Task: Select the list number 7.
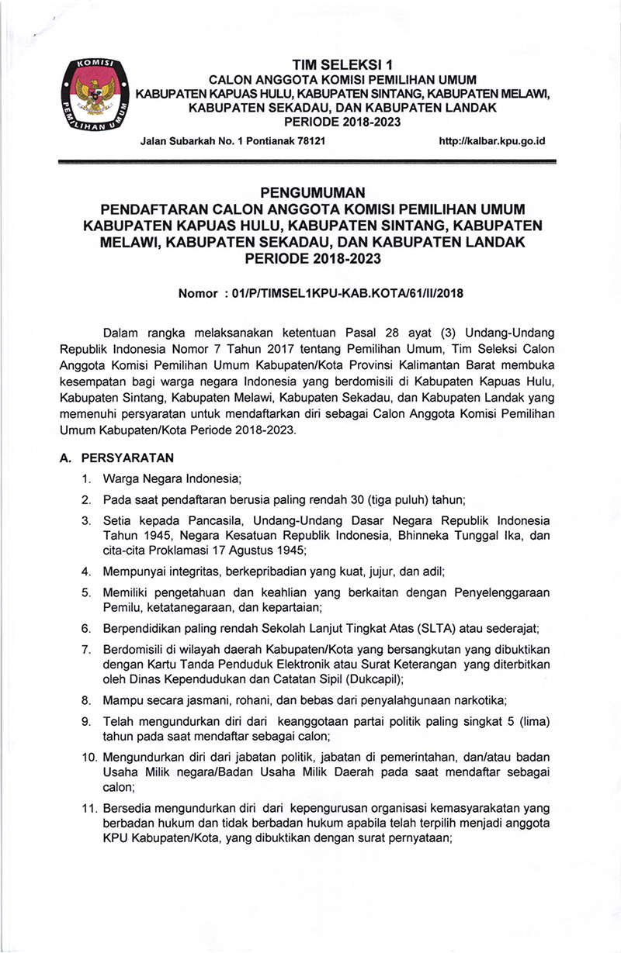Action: click(88, 647)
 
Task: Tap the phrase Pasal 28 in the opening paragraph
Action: click(373, 333)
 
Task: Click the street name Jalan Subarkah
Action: click(177, 142)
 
